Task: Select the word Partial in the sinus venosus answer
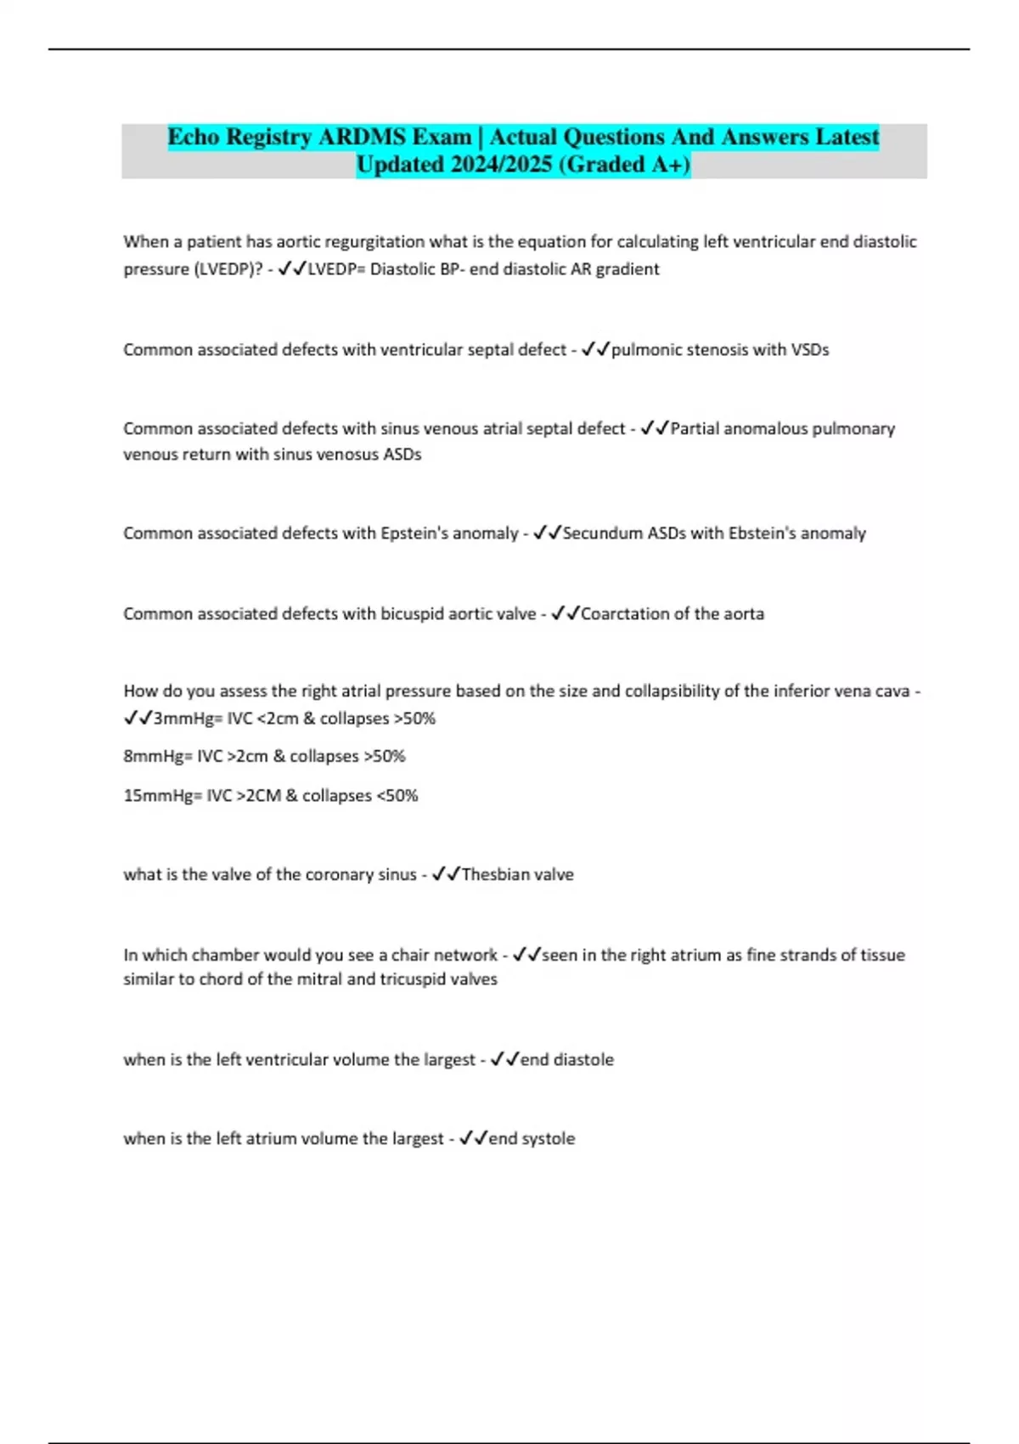[x=698, y=429]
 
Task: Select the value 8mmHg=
[x=158, y=756]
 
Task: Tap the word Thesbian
[x=495, y=875]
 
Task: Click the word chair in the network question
[x=410, y=956]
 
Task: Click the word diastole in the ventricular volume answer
[x=584, y=1060]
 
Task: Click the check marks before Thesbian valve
[x=446, y=874]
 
